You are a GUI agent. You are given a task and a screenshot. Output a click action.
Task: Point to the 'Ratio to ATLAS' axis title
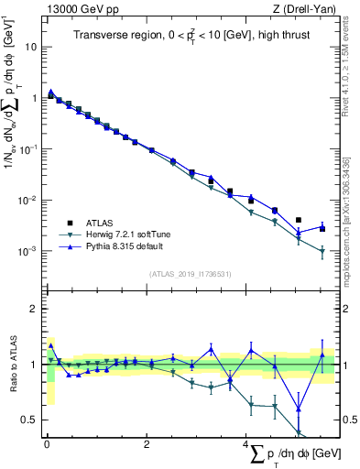tap(13, 363)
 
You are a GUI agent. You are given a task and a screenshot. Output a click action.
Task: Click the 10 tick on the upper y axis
tap(33, 46)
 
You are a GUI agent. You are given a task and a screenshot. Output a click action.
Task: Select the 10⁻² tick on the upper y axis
tap(29, 200)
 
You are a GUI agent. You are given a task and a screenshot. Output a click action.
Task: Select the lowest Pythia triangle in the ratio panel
tap(299, 409)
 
